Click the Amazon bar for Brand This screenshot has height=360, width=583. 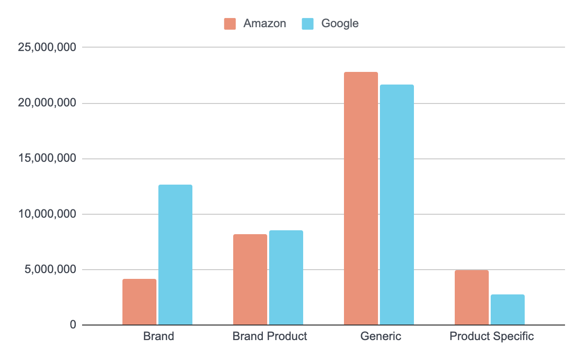pyautogui.click(x=139, y=302)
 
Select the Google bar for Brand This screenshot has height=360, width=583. pyautogui.click(x=175, y=255)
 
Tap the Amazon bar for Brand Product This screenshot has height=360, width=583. pyautogui.click(x=250, y=279)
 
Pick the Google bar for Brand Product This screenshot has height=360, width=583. pyautogui.click(x=286, y=277)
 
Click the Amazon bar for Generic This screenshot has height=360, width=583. pyautogui.click(x=361, y=198)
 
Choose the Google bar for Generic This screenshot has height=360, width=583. pyautogui.click(x=397, y=205)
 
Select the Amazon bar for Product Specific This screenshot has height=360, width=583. pyautogui.click(x=472, y=297)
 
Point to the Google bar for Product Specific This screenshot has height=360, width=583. pyautogui.click(x=508, y=309)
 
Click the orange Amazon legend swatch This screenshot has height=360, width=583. pyautogui.click(x=230, y=23)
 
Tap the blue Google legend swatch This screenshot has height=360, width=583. pyautogui.click(x=308, y=23)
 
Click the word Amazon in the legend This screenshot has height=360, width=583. pyautogui.click(x=265, y=23)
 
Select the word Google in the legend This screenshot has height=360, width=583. pyautogui.click(x=340, y=23)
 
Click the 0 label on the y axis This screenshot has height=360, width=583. pyautogui.click(x=73, y=325)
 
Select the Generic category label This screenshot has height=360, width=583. pyautogui.click(x=381, y=336)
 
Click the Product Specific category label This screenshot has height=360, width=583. pyautogui.click(x=492, y=336)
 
